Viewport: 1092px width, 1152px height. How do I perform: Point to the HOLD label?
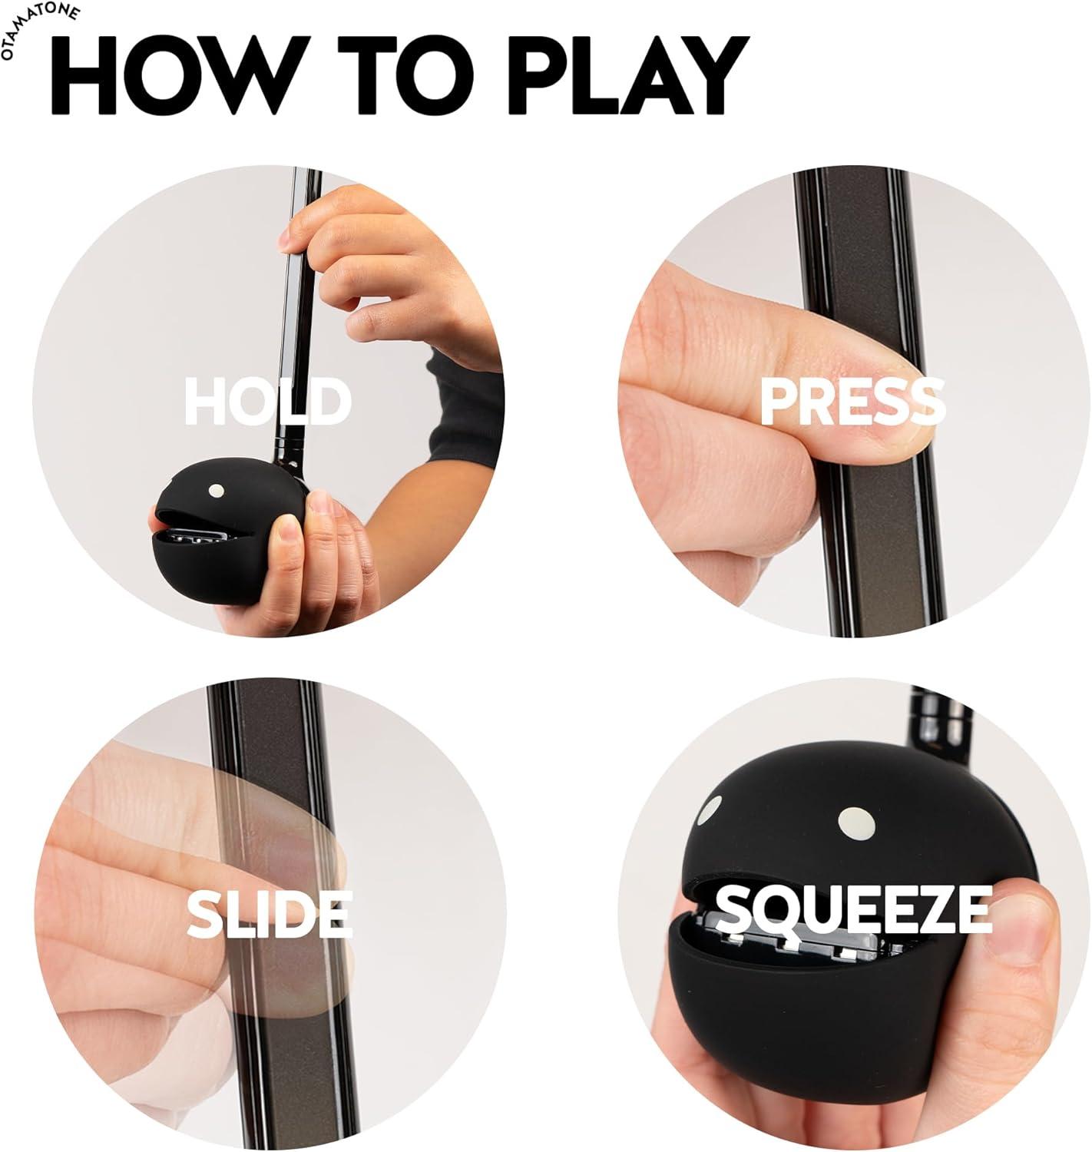pos(267,401)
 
